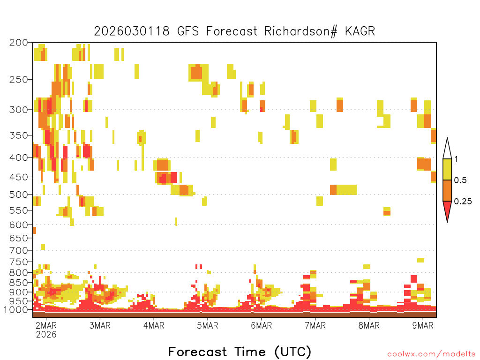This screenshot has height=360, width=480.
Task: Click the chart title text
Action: point(234,31)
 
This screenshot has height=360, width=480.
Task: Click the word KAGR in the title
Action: point(360,31)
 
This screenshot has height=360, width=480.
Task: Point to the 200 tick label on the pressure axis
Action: point(19,43)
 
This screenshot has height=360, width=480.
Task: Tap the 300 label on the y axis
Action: point(19,110)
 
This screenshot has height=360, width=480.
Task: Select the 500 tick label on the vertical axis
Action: point(19,195)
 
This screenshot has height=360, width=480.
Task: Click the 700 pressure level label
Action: point(19,250)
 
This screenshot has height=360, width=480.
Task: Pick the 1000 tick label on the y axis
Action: point(16,309)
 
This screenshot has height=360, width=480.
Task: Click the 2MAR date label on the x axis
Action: point(46,325)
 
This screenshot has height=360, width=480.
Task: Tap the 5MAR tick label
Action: point(208,325)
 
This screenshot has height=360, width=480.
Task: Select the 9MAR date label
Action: point(423,325)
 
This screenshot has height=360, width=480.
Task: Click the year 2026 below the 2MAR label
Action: point(46,334)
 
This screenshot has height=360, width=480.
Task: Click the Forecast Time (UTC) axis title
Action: point(240,352)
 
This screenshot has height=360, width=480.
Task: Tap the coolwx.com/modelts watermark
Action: point(431,354)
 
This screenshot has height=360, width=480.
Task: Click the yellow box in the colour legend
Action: point(447,169)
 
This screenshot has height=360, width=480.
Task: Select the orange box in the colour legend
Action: point(447,190)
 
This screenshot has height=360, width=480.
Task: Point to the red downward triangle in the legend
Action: point(447,210)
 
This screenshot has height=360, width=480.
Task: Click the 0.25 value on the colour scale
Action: point(463,202)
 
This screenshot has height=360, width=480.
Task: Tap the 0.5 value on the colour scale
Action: point(460,180)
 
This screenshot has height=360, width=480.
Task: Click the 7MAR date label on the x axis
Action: point(315,325)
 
